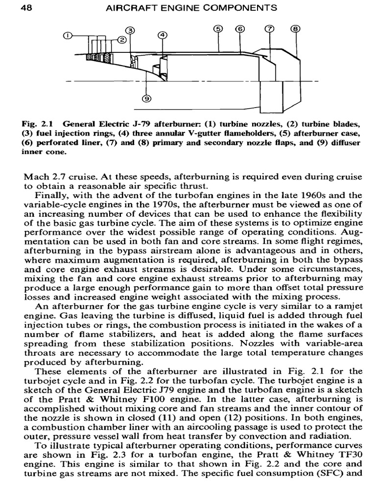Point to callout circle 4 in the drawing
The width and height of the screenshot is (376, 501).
coord(163,35)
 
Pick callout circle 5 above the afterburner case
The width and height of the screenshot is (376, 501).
coord(219,29)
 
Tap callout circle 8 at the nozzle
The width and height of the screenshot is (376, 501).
coord(295,29)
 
